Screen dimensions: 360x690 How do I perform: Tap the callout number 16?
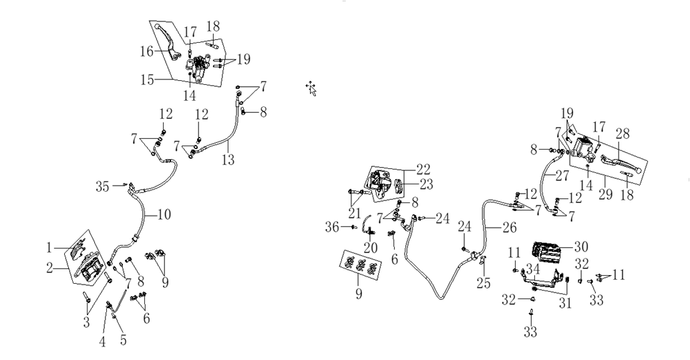point(146,51)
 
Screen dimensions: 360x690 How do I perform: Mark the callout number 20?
point(370,248)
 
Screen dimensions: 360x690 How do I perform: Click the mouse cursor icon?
point(311,88)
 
